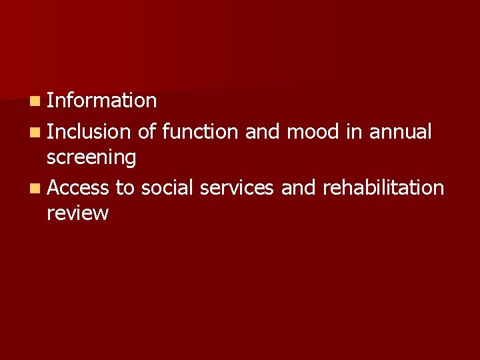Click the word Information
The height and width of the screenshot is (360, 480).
click(101, 101)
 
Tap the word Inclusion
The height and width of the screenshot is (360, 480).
click(89, 132)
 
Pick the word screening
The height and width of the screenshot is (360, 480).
click(91, 158)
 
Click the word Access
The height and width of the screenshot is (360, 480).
click(78, 188)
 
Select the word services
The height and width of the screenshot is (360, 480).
click(237, 188)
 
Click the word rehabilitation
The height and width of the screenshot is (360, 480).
click(383, 188)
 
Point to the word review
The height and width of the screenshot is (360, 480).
click(77, 213)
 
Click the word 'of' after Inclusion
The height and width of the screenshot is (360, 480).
click(147, 132)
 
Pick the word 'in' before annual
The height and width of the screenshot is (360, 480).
click(353, 132)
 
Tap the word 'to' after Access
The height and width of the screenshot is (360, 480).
click(125, 188)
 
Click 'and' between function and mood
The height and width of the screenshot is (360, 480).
click(262, 132)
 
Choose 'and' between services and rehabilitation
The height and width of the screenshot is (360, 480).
click(298, 188)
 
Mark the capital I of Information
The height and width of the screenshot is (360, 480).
click(50, 101)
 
